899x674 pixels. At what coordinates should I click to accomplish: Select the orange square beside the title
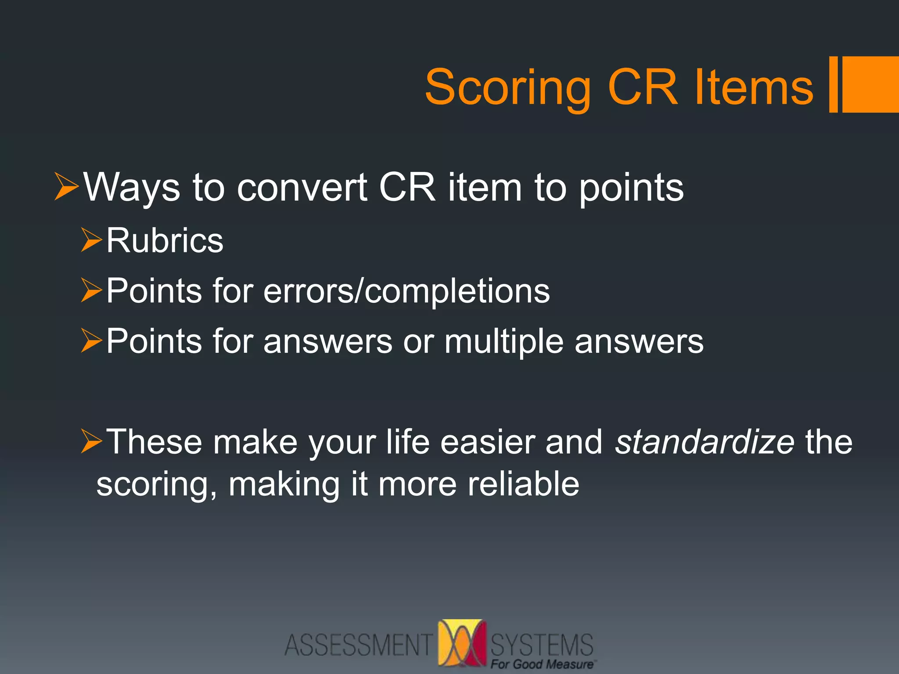click(x=870, y=84)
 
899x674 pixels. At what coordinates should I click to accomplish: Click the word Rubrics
click(x=165, y=240)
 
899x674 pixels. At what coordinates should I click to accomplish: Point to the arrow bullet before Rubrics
click(x=91, y=240)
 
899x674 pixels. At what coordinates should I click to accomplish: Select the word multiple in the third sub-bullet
click(x=503, y=341)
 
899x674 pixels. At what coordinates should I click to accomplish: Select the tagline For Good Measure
click(x=543, y=664)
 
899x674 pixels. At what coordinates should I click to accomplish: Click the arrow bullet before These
click(x=91, y=441)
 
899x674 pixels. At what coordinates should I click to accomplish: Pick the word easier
click(x=488, y=441)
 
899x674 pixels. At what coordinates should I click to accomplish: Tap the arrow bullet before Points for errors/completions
click(x=91, y=291)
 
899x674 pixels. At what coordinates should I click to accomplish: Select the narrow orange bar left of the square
click(x=833, y=84)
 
